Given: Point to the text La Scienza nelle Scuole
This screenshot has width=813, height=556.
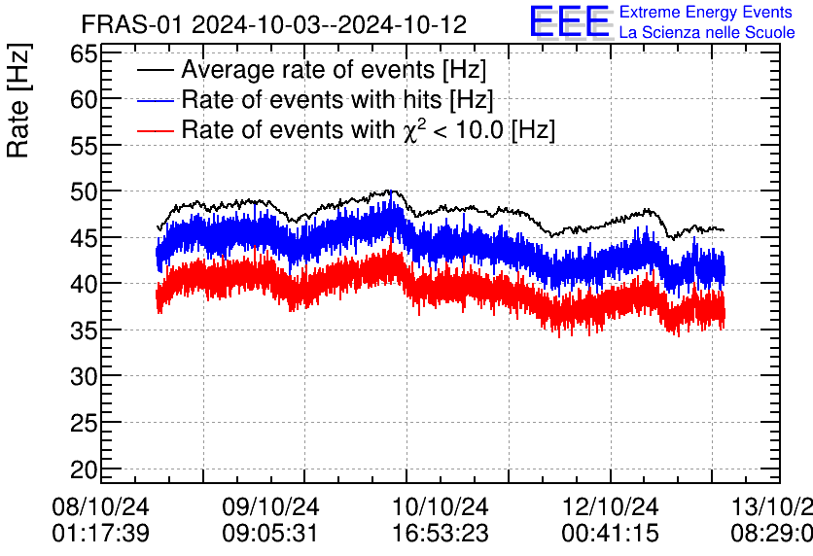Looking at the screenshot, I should pos(707,33).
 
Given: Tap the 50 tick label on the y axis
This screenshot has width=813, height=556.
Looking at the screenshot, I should pos(83,191).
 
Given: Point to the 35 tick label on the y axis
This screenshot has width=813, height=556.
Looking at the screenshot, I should pos(83,330).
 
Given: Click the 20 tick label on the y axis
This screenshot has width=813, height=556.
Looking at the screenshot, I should pos(83,469).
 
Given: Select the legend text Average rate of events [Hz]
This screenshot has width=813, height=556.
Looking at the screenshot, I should pos(334,70).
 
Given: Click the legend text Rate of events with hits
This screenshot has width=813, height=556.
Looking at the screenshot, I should pos(337,99).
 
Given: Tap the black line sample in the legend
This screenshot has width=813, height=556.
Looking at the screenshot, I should pos(156,71).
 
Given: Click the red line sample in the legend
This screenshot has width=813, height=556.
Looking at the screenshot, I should pos(156,130).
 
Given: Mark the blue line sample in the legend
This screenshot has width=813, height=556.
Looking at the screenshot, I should pos(156,100).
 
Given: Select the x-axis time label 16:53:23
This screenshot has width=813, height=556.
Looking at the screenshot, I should pos(441,534).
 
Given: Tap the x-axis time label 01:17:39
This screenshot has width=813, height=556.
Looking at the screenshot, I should pos(101,534).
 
